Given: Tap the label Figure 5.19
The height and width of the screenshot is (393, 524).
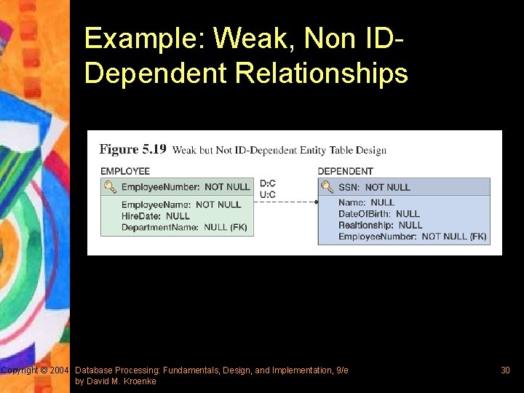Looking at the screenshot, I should tap(132, 149).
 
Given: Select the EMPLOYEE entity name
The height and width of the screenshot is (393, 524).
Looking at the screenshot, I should tap(125, 171).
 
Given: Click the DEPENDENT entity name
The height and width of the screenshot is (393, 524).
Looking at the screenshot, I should tap(345, 171).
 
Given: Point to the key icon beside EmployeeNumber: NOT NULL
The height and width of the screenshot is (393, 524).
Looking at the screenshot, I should tap(110, 187).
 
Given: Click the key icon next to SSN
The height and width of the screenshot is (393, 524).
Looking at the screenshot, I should tap(327, 187).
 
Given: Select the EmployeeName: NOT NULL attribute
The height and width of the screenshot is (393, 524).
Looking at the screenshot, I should tap(180, 205).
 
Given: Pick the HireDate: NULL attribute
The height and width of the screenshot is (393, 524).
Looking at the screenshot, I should tap(155, 216).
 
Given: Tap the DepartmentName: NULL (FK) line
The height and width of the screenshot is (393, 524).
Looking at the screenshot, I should tap(183, 227).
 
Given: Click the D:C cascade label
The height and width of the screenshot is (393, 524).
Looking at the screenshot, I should tap(268, 183).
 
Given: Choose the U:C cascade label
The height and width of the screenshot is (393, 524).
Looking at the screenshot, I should tap(268, 194).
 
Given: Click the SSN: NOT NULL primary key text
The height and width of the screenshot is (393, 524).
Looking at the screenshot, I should tap(374, 187).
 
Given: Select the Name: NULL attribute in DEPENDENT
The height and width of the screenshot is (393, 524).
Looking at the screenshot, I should tap(366, 202).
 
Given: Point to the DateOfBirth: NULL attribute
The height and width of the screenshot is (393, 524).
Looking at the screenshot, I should tap(378, 214).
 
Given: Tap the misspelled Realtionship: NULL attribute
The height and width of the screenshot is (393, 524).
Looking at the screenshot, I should tap(380, 225).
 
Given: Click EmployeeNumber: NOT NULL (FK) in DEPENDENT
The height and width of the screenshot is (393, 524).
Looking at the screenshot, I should tap(412, 237).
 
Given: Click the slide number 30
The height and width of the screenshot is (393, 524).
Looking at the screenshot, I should tap(505, 370).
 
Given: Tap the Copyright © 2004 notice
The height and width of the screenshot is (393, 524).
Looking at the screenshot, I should tap(35, 370).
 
